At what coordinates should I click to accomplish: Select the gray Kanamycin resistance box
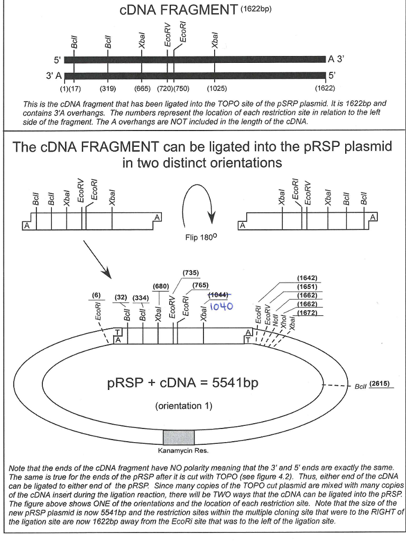[176, 437]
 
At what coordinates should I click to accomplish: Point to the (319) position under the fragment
[108, 89]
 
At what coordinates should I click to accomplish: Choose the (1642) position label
[307, 277]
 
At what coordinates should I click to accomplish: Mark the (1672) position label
[307, 313]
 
